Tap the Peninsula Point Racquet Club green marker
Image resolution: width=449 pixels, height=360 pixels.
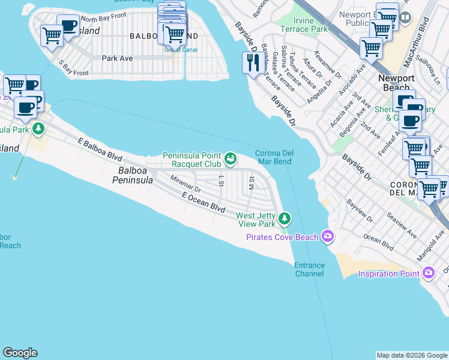tap(231, 159)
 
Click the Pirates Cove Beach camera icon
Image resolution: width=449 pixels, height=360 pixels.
tap(327, 236)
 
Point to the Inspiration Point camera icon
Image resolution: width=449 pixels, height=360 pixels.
tap(428, 274)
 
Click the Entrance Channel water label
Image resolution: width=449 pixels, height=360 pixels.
tap(309, 269)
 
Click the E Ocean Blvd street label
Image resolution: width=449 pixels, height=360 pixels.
tap(203, 203)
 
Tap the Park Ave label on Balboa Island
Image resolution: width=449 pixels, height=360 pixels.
tap(118, 58)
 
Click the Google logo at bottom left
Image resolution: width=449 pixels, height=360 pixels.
tap(20, 353)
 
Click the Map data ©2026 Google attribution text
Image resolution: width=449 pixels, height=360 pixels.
tap(411, 355)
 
